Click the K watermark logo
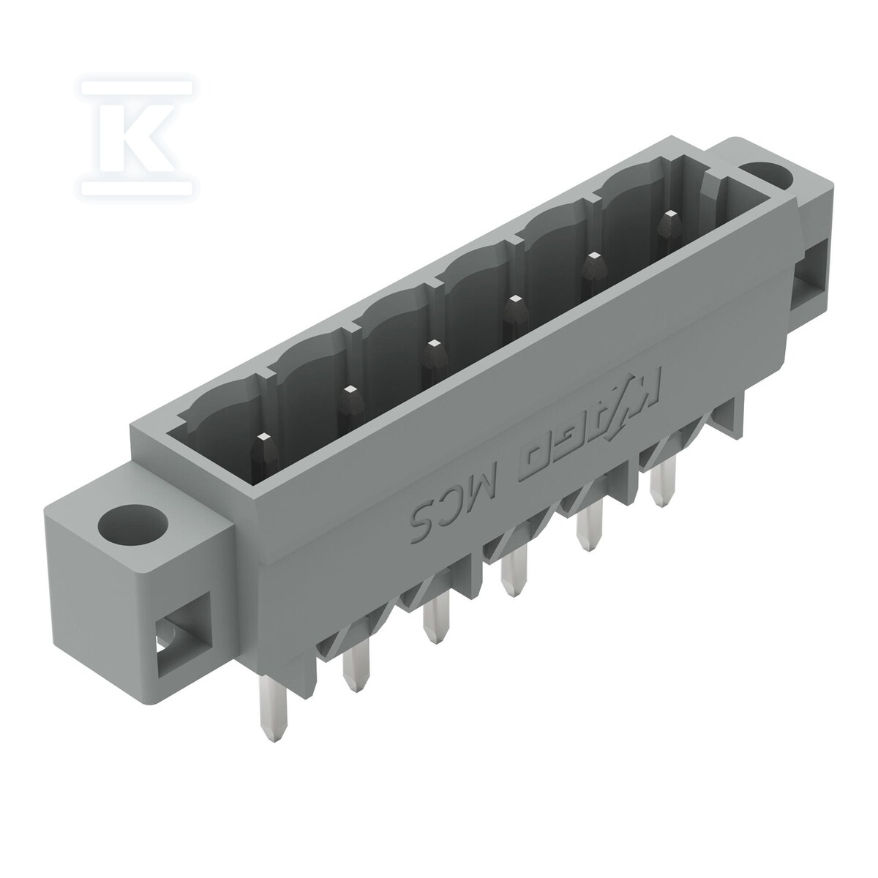coord(137,137)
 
